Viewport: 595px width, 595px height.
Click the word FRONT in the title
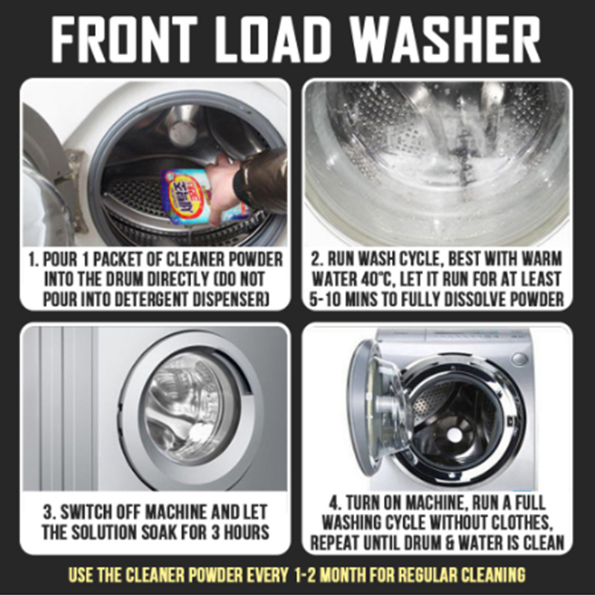124,40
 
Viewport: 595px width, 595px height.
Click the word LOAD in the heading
273,40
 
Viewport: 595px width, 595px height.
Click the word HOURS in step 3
246,532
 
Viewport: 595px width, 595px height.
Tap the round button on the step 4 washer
519,358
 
